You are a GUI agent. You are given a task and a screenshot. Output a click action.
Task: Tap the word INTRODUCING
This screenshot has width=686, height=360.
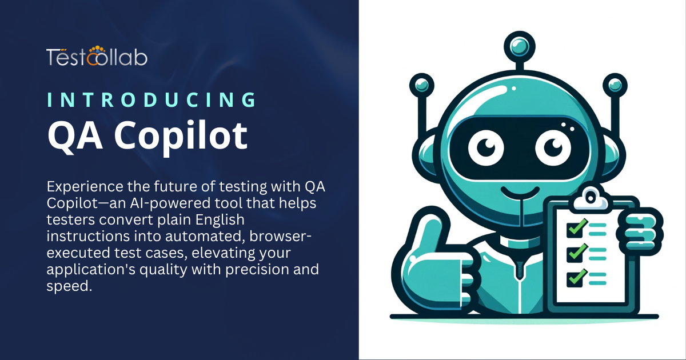pyautogui.click(x=151, y=99)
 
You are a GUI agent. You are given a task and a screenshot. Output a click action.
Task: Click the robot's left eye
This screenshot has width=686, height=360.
pyautogui.click(x=484, y=147)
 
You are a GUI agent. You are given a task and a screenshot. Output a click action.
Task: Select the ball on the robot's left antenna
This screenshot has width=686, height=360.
pyautogui.click(x=422, y=84)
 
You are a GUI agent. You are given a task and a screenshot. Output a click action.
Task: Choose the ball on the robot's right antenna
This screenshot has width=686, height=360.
pyautogui.click(x=615, y=84)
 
